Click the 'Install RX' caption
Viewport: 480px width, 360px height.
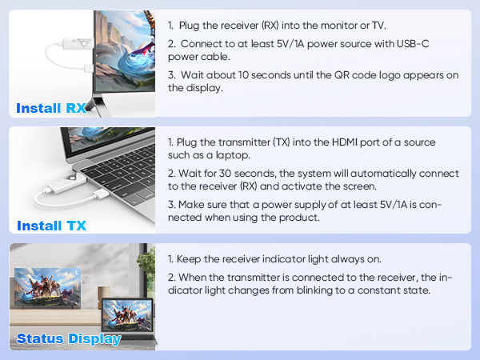coord(50,108)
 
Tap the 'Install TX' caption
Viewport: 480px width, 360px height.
coord(51,226)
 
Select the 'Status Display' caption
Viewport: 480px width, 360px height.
coord(69,338)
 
